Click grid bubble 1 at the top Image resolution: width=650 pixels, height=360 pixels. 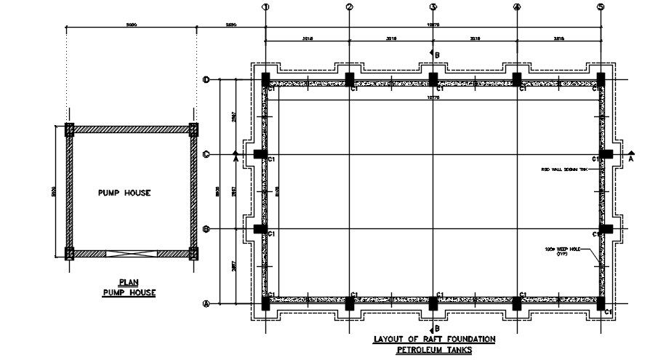[x=265, y=7]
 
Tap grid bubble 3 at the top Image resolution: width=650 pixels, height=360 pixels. [x=433, y=7]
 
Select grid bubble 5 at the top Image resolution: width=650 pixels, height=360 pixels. [x=601, y=7]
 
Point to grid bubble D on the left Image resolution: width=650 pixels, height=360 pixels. [x=206, y=80]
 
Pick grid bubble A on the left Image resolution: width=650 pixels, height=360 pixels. [x=206, y=304]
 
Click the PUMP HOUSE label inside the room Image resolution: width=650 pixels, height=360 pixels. [x=124, y=193]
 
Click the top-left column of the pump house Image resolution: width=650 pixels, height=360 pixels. [x=70, y=129]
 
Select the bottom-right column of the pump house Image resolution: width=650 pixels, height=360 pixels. [x=193, y=254]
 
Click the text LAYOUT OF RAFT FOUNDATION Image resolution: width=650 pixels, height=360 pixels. [x=434, y=340]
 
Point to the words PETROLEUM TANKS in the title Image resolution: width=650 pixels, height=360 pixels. [x=434, y=351]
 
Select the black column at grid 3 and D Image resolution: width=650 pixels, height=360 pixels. [x=433, y=79]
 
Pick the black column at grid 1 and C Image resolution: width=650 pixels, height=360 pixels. [x=260, y=155]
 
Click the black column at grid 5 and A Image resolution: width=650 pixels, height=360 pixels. [x=601, y=303]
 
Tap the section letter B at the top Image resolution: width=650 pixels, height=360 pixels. [x=438, y=54]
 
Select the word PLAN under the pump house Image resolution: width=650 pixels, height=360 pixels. [x=128, y=282]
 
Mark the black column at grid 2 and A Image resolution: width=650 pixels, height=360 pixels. [x=350, y=303]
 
